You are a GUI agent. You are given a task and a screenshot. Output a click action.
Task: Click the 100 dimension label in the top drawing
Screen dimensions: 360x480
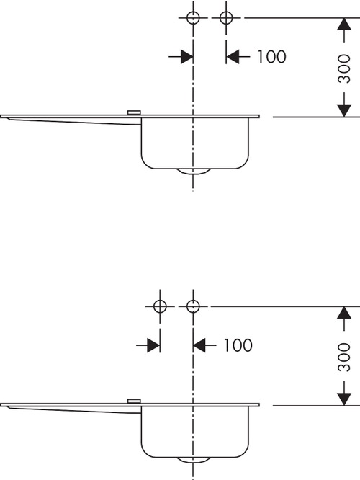click(x=271, y=57)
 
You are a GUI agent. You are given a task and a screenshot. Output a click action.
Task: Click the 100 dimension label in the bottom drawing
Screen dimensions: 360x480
click(x=238, y=345)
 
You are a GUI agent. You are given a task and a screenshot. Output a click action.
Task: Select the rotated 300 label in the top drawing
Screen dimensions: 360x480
click(x=344, y=68)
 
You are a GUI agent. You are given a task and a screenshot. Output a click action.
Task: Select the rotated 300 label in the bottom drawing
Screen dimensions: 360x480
click(x=344, y=357)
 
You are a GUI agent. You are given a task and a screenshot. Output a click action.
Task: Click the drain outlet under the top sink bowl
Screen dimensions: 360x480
click(x=193, y=172)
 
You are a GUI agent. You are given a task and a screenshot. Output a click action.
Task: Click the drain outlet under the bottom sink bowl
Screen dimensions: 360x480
click(x=193, y=460)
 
